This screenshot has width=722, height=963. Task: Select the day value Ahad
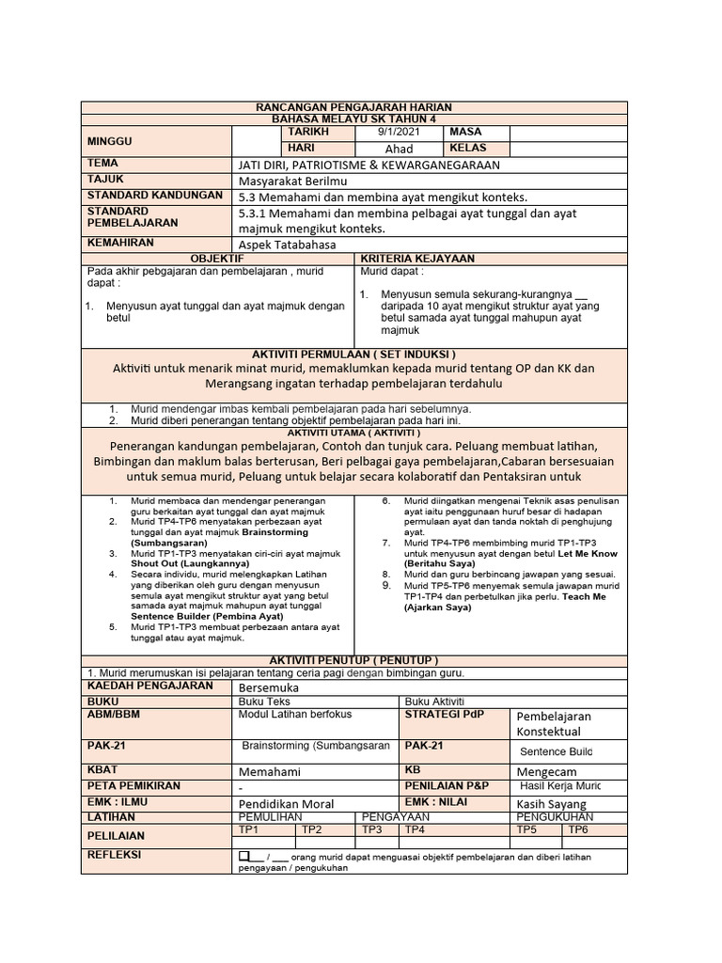pyautogui.click(x=399, y=149)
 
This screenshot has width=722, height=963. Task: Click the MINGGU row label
pyautogui.click(x=110, y=141)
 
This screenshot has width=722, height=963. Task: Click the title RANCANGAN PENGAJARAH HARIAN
pyautogui.click(x=354, y=108)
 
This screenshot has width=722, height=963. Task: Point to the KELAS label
pyautogui.click(x=468, y=149)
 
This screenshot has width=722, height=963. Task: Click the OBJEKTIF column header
pyautogui.click(x=217, y=258)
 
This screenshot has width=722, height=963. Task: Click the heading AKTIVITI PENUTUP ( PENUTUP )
pyautogui.click(x=354, y=660)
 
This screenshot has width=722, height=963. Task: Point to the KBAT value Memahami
pyautogui.click(x=272, y=770)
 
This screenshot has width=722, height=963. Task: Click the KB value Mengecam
pyautogui.click(x=547, y=770)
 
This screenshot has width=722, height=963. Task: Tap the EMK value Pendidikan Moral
pyautogui.click(x=288, y=804)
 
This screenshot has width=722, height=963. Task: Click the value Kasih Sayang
pyautogui.click(x=551, y=804)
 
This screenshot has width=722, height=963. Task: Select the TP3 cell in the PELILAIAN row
pyautogui.click(x=372, y=829)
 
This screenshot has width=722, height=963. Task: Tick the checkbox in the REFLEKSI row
pyautogui.click(x=245, y=856)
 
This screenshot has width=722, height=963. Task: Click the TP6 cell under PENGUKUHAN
pyautogui.click(x=577, y=829)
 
